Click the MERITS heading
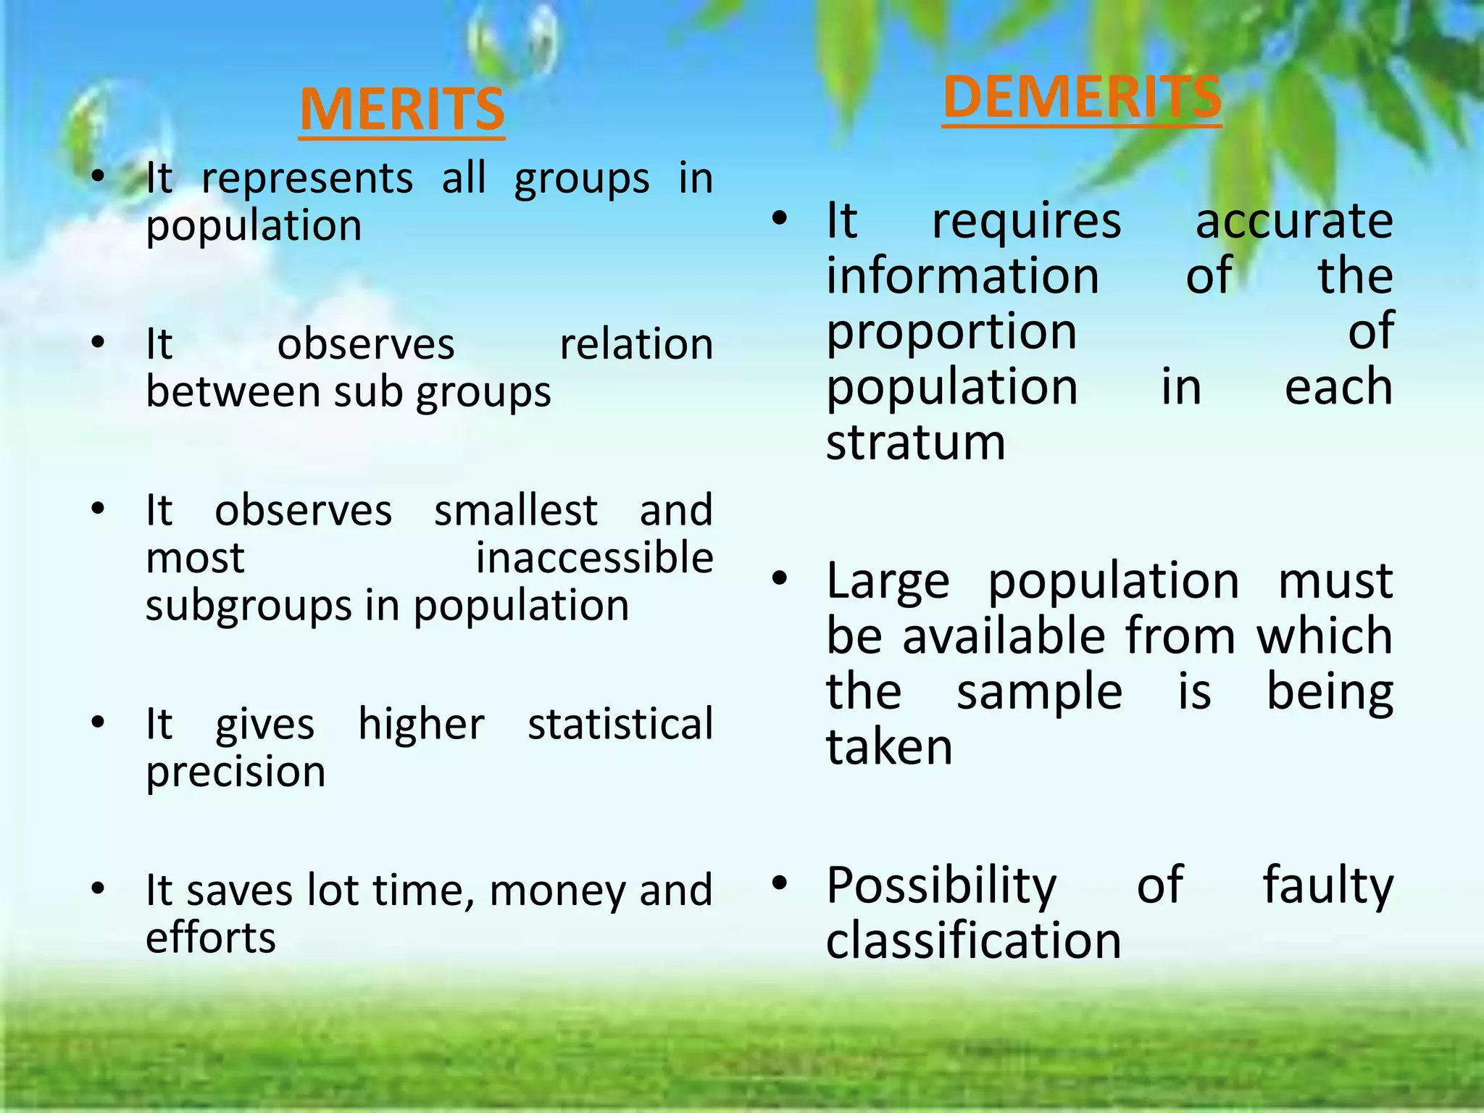pyautogui.click(x=401, y=110)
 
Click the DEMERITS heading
pyautogui.click(x=1082, y=99)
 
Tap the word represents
pyautogui.click(x=307, y=179)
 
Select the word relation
pyautogui.click(x=636, y=344)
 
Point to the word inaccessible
pyautogui.click(x=594, y=558)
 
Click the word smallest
pyautogui.click(x=516, y=510)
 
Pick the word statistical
pyautogui.click(x=620, y=724)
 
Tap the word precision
pyautogui.click(x=235, y=772)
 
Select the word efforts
pyautogui.click(x=211, y=938)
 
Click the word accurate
pyautogui.click(x=1293, y=221)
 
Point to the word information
pyautogui.click(x=963, y=276)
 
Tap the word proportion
pyautogui.click(x=951, y=333)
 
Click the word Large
pyautogui.click(x=888, y=582)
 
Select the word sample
pyautogui.click(x=1039, y=693)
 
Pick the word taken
pyautogui.click(x=889, y=747)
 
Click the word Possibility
pyautogui.click(x=941, y=886)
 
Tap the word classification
pyautogui.click(x=973, y=941)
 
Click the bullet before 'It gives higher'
pyautogui.click(x=99, y=722)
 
